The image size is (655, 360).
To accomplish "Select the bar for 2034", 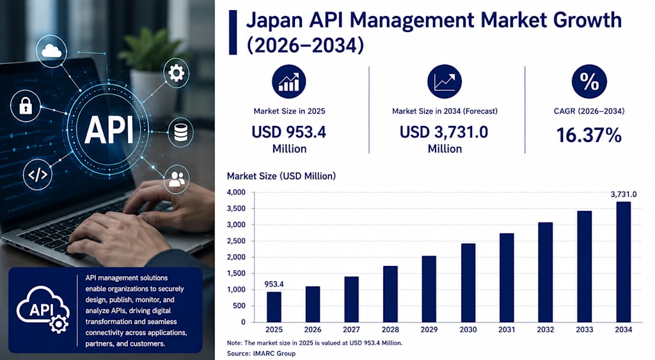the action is (623, 262).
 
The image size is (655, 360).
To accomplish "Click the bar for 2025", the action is (274, 307).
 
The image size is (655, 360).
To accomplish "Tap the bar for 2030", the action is (468, 283).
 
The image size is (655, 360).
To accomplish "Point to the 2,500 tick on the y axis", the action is (236, 241).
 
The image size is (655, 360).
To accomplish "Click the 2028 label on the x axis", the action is (390, 329).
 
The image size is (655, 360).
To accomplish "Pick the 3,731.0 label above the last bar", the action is (623, 194).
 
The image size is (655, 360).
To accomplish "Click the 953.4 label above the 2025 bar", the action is (274, 284).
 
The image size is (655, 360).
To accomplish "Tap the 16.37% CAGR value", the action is (589, 136).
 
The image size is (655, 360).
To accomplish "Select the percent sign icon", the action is (589, 81).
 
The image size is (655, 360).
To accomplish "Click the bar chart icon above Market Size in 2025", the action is (289, 81).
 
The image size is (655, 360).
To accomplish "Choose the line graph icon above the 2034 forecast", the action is (445, 81).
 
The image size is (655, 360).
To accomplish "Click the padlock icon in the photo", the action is (26, 106).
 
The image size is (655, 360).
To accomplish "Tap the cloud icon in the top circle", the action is (51, 51).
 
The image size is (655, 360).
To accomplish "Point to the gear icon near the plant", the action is (176, 73).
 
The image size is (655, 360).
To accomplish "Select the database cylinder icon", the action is (180, 132).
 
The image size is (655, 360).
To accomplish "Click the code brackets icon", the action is (38, 175).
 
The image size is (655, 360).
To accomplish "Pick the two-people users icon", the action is (177, 179).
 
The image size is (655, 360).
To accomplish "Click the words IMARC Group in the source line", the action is (274, 354).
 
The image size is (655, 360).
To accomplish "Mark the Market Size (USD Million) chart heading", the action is (281, 176).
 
